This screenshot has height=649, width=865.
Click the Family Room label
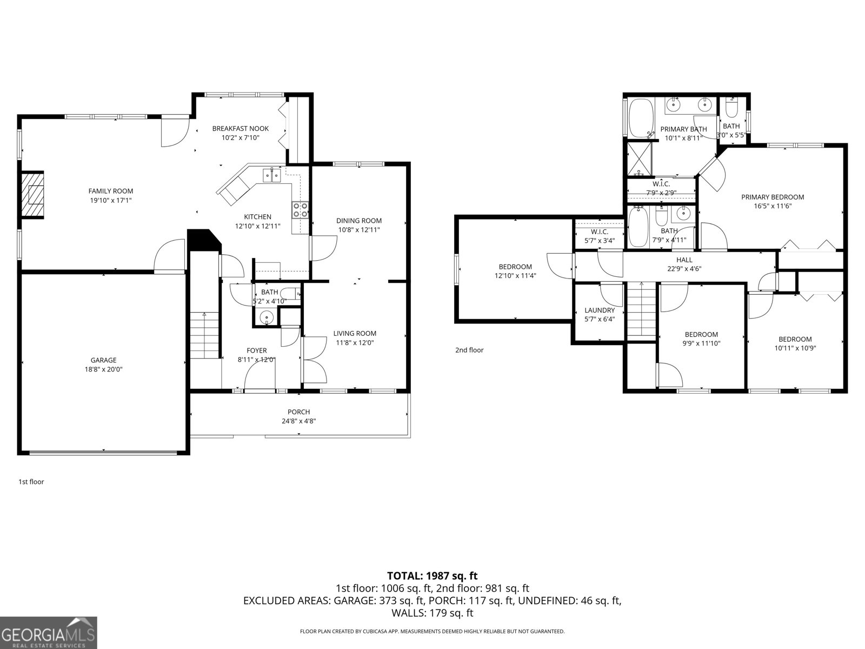pos(110,191)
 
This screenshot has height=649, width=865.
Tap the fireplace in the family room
pos(32,195)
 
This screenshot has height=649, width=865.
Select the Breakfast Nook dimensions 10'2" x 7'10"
pos(240,138)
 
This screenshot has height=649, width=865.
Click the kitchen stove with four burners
pos(301,209)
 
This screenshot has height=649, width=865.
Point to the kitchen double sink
pos(271,175)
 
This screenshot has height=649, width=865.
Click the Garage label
pos(103,360)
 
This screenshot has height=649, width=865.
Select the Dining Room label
pos(358,221)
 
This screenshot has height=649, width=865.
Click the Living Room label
pos(354,333)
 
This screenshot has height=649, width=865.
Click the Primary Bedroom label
pos(772,197)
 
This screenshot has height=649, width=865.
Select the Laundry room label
pos(599,310)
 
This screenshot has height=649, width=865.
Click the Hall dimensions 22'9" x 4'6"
pos(684,269)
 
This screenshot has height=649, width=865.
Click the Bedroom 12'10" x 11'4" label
pos(515,267)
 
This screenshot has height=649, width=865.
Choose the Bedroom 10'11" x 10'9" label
pos(795,339)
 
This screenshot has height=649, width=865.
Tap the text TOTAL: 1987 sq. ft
pos(432,576)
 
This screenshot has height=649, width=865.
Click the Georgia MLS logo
pos(48,632)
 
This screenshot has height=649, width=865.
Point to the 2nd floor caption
pos(469,350)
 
